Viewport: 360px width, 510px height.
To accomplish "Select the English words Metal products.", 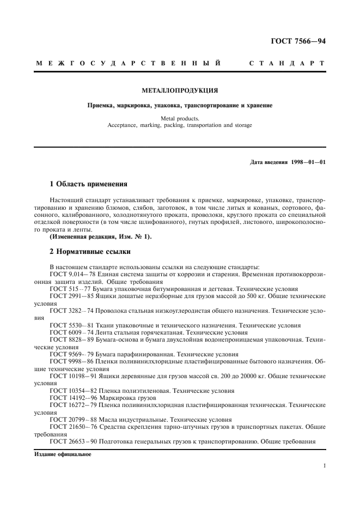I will [x=180, y=118].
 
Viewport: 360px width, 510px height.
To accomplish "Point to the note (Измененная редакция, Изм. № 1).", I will [x=101, y=238].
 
